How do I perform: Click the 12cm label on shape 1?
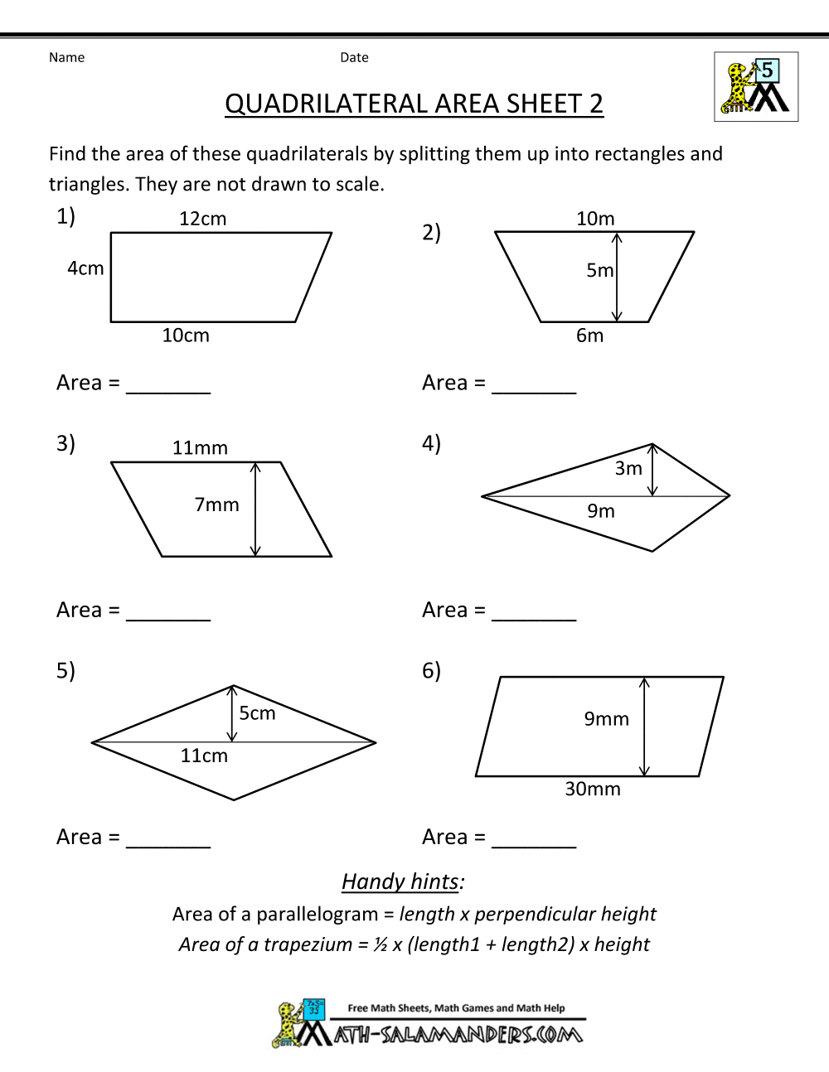[x=202, y=219]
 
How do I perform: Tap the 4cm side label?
[x=85, y=268]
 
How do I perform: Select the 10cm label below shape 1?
[x=186, y=336]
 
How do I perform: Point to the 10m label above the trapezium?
[x=595, y=219]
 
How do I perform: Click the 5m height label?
[x=599, y=270]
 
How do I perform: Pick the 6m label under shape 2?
[x=589, y=336]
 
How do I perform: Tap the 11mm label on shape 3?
[x=200, y=448]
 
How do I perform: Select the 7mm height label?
[x=216, y=505]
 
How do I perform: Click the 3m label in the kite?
[x=628, y=469]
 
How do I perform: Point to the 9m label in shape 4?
[x=601, y=511]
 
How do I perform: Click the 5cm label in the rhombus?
[x=257, y=713]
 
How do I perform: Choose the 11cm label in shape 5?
[x=204, y=756]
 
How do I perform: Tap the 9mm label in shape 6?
[x=606, y=719]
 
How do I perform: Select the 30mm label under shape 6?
[x=592, y=789]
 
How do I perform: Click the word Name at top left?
[x=66, y=57]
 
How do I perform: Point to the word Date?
[x=354, y=57]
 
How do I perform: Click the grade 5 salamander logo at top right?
[x=756, y=87]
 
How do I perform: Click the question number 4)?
[x=431, y=443]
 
